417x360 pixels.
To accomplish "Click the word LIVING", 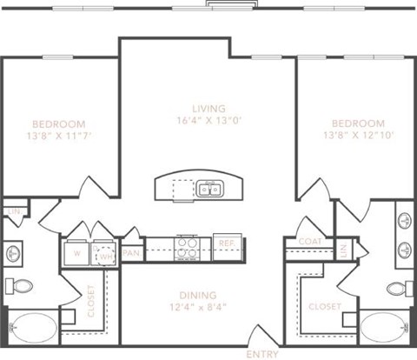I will (x=208, y=108).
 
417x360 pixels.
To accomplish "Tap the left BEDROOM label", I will (x=59, y=123).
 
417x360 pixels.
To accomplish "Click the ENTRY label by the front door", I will (x=262, y=354).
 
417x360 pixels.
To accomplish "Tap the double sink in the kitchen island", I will (x=208, y=188).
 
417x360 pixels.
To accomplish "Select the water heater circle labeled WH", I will (x=106, y=256).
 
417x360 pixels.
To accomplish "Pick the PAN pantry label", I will (x=132, y=252).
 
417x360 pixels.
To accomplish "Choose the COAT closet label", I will (x=310, y=242).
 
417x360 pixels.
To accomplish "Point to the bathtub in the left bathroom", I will (x=31, y=329).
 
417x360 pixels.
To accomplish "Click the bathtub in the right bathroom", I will (x=383, y=329).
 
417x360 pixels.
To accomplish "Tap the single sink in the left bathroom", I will (x=13, y=254).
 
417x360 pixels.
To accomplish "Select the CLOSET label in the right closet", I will (x=323, y=306).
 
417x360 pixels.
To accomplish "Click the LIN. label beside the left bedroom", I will (x=13, y=211).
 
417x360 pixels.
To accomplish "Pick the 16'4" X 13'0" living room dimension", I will (x=208, y=121).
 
